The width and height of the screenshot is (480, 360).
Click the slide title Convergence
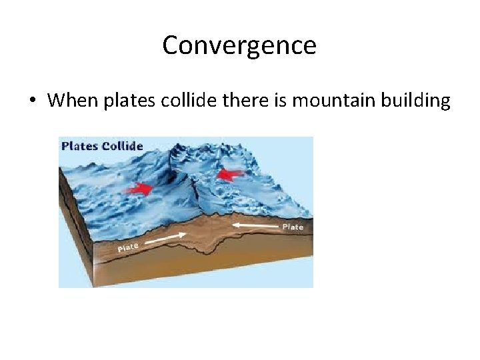(x=239, y=46)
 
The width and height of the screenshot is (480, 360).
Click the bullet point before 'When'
(x=31, y=101)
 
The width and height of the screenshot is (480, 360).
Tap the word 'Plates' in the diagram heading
(x=80, y=146)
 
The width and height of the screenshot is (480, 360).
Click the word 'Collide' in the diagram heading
(x=122, y=146)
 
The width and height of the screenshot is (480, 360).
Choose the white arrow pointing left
(x=257, y=227)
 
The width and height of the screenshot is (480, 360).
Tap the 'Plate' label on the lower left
(x=128, y=247)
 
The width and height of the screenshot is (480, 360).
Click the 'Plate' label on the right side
(x=293, y=227)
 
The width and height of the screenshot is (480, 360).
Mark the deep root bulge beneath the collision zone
(x=213, y=246)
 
